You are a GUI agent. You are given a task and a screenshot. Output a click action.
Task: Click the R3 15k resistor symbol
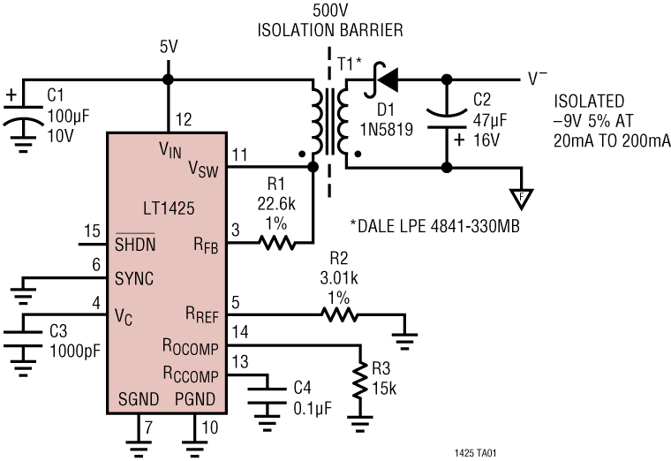coord(359,382)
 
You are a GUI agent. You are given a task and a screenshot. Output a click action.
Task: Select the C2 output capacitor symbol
coord(446,120)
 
